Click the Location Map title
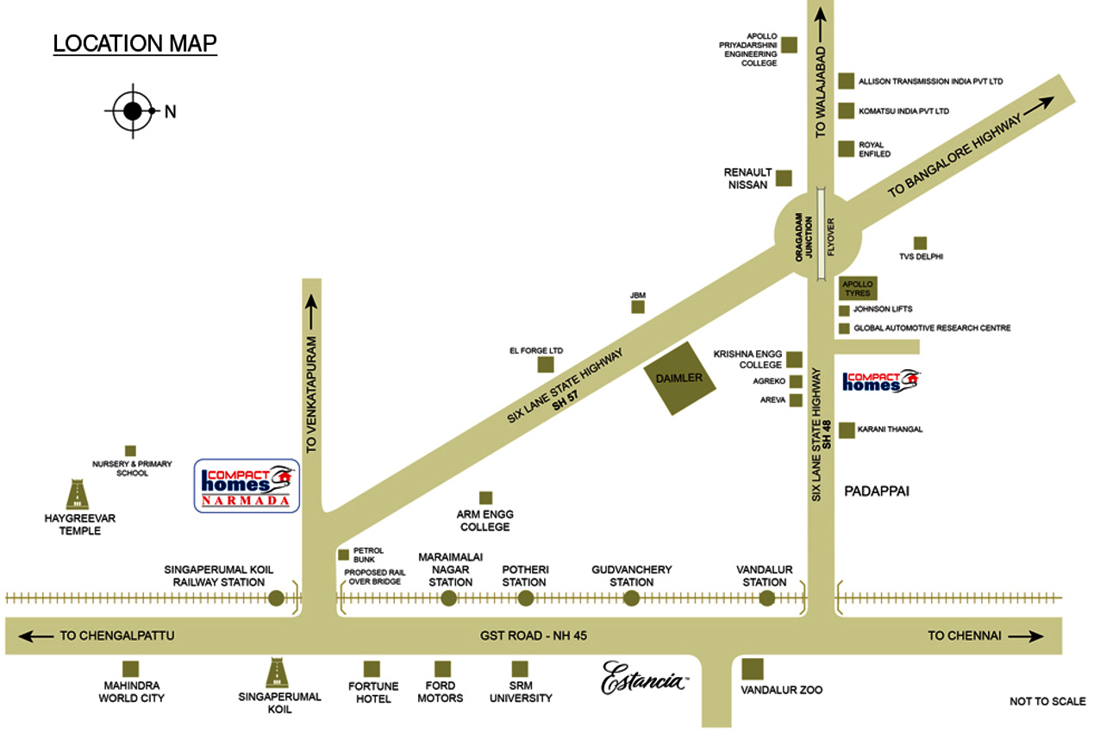coord(134,43)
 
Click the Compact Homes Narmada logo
coord(247,486)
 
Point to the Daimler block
coord(681,379)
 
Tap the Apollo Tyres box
coord(858,289)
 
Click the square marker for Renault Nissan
coord(784,179)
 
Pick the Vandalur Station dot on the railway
coord(766,598)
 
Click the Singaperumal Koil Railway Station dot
coord(276,598)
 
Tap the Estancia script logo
coord(644,676)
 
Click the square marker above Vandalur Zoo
coord(753,668)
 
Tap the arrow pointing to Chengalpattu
coord(34,636)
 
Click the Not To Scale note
coord(1047,701)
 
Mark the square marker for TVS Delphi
coord(920,243)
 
